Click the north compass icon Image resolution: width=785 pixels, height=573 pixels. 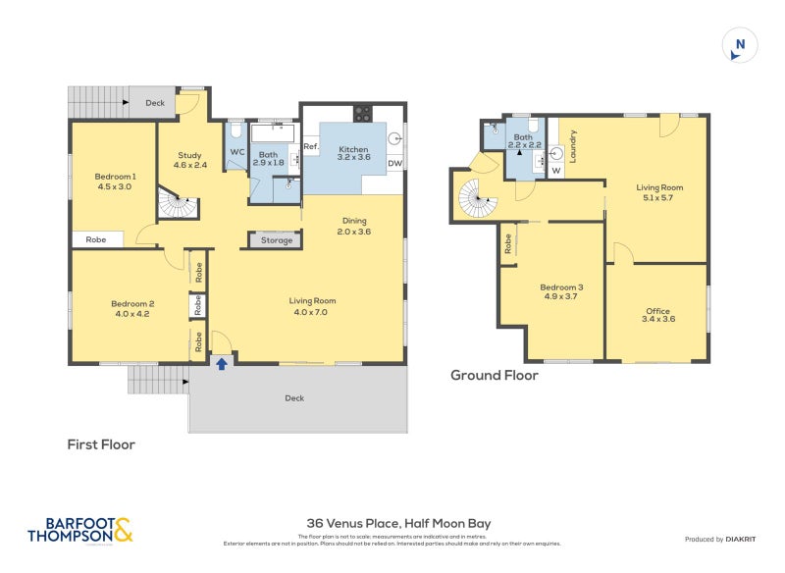tap(740, 46)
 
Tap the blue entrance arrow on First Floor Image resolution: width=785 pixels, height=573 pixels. tap(222, 364)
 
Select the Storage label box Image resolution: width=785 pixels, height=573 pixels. tap(276, 239)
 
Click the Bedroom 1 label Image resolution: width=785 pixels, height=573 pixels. tap(115, 181)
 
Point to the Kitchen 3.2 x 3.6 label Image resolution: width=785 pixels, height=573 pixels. tap(353, 153)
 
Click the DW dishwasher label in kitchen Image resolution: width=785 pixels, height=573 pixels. tap(394, 164)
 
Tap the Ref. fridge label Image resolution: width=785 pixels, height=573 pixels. tap(311, 147)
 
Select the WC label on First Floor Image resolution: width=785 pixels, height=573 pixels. tap(236, 152)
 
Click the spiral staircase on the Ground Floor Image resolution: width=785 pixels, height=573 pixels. tap(480, 201)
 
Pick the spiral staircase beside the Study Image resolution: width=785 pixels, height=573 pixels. tap(179, 206)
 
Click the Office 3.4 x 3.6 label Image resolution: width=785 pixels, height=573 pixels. tap(658, 314)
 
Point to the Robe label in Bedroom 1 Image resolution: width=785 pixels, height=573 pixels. tap(96, 238)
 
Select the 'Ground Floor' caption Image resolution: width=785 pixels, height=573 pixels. tap(494, 375)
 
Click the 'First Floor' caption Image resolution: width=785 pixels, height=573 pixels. tap(101, 444)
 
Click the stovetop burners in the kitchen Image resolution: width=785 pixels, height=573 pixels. tap(361, 111)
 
